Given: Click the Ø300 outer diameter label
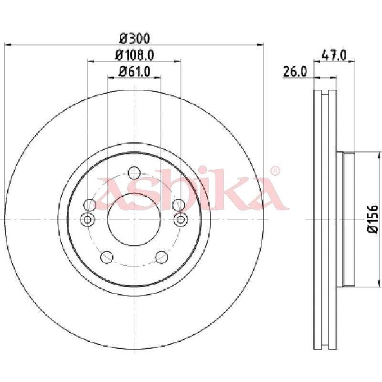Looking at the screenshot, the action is click(x=135, y=39).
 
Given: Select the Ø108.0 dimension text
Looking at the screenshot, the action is click(x=135, y=55).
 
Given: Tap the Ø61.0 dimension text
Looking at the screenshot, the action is click(x=134, y=72).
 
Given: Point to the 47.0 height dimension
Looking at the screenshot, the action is click(x=334, y=55).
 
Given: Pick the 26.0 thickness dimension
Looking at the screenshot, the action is click(x=295, y=72).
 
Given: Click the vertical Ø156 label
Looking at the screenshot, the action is click(x=373, y=219).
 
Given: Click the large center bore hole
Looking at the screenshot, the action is click(x=134, y=220).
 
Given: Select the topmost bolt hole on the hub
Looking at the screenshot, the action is click(x=134, y=172).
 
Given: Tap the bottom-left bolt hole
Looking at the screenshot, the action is click(x=107, y=257).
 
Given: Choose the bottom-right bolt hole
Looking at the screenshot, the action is click(x=162, y=257).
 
